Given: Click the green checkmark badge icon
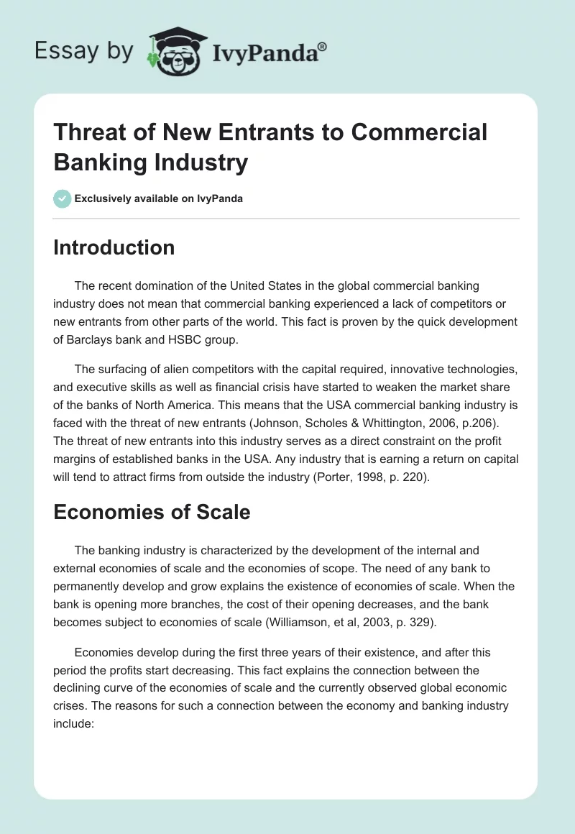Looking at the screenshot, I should (x=63, y=198).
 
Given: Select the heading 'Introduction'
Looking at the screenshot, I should (x=114, y=247).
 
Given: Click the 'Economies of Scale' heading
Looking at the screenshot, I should (x=152, y=512).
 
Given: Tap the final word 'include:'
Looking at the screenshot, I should (x=74, y=723).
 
